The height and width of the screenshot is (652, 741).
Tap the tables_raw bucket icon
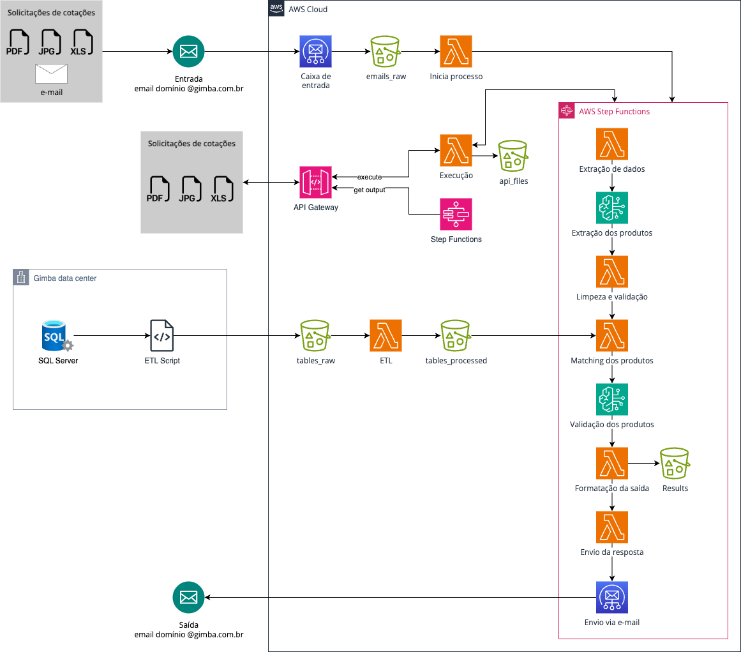(315, 336)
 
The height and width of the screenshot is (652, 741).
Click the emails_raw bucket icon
(385, 52)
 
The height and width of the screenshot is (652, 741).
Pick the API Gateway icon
(315, 183)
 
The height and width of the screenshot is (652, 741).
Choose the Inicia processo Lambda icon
(456, 52)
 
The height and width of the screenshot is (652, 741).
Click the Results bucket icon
(675, 464)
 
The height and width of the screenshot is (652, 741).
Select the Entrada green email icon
(188, 52)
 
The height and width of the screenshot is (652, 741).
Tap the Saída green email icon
(188, 598)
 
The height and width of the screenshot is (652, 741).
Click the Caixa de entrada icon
(315, 52)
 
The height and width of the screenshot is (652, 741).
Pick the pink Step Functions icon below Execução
(456, 215)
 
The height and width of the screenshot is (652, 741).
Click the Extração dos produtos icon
(612, 208)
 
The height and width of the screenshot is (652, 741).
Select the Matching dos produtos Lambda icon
(612, 336)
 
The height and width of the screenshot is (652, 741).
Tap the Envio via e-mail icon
(612, 598)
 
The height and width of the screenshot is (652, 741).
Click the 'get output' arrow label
(370, 190)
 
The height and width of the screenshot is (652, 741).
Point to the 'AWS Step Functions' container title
(614, 112)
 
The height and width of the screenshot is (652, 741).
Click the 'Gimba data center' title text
(64, 278)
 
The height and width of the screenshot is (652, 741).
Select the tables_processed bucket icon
(456, 336)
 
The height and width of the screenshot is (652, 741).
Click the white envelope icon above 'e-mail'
(51, 74)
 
